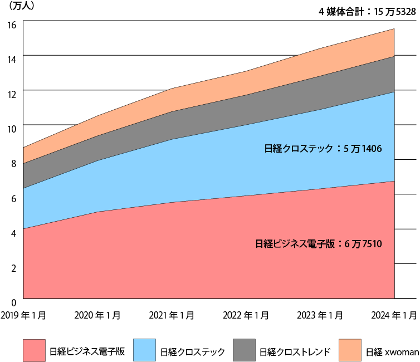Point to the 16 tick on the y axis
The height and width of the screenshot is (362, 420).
(12, 24)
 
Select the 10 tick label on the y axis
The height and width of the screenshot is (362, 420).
(12, 128)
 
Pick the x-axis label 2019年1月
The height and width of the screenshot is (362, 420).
(23, 315)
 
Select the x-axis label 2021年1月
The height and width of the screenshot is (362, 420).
(172, 315)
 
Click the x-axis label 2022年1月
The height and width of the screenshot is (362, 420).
(246, 315)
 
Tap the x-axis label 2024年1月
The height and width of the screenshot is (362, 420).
(394, 315)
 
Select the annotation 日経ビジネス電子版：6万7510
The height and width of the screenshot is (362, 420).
(318, 243)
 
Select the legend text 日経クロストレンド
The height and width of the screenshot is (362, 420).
(295, 352)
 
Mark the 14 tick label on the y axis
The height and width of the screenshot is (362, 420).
(12, 58)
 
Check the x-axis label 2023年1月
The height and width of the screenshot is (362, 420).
(320, 315)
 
